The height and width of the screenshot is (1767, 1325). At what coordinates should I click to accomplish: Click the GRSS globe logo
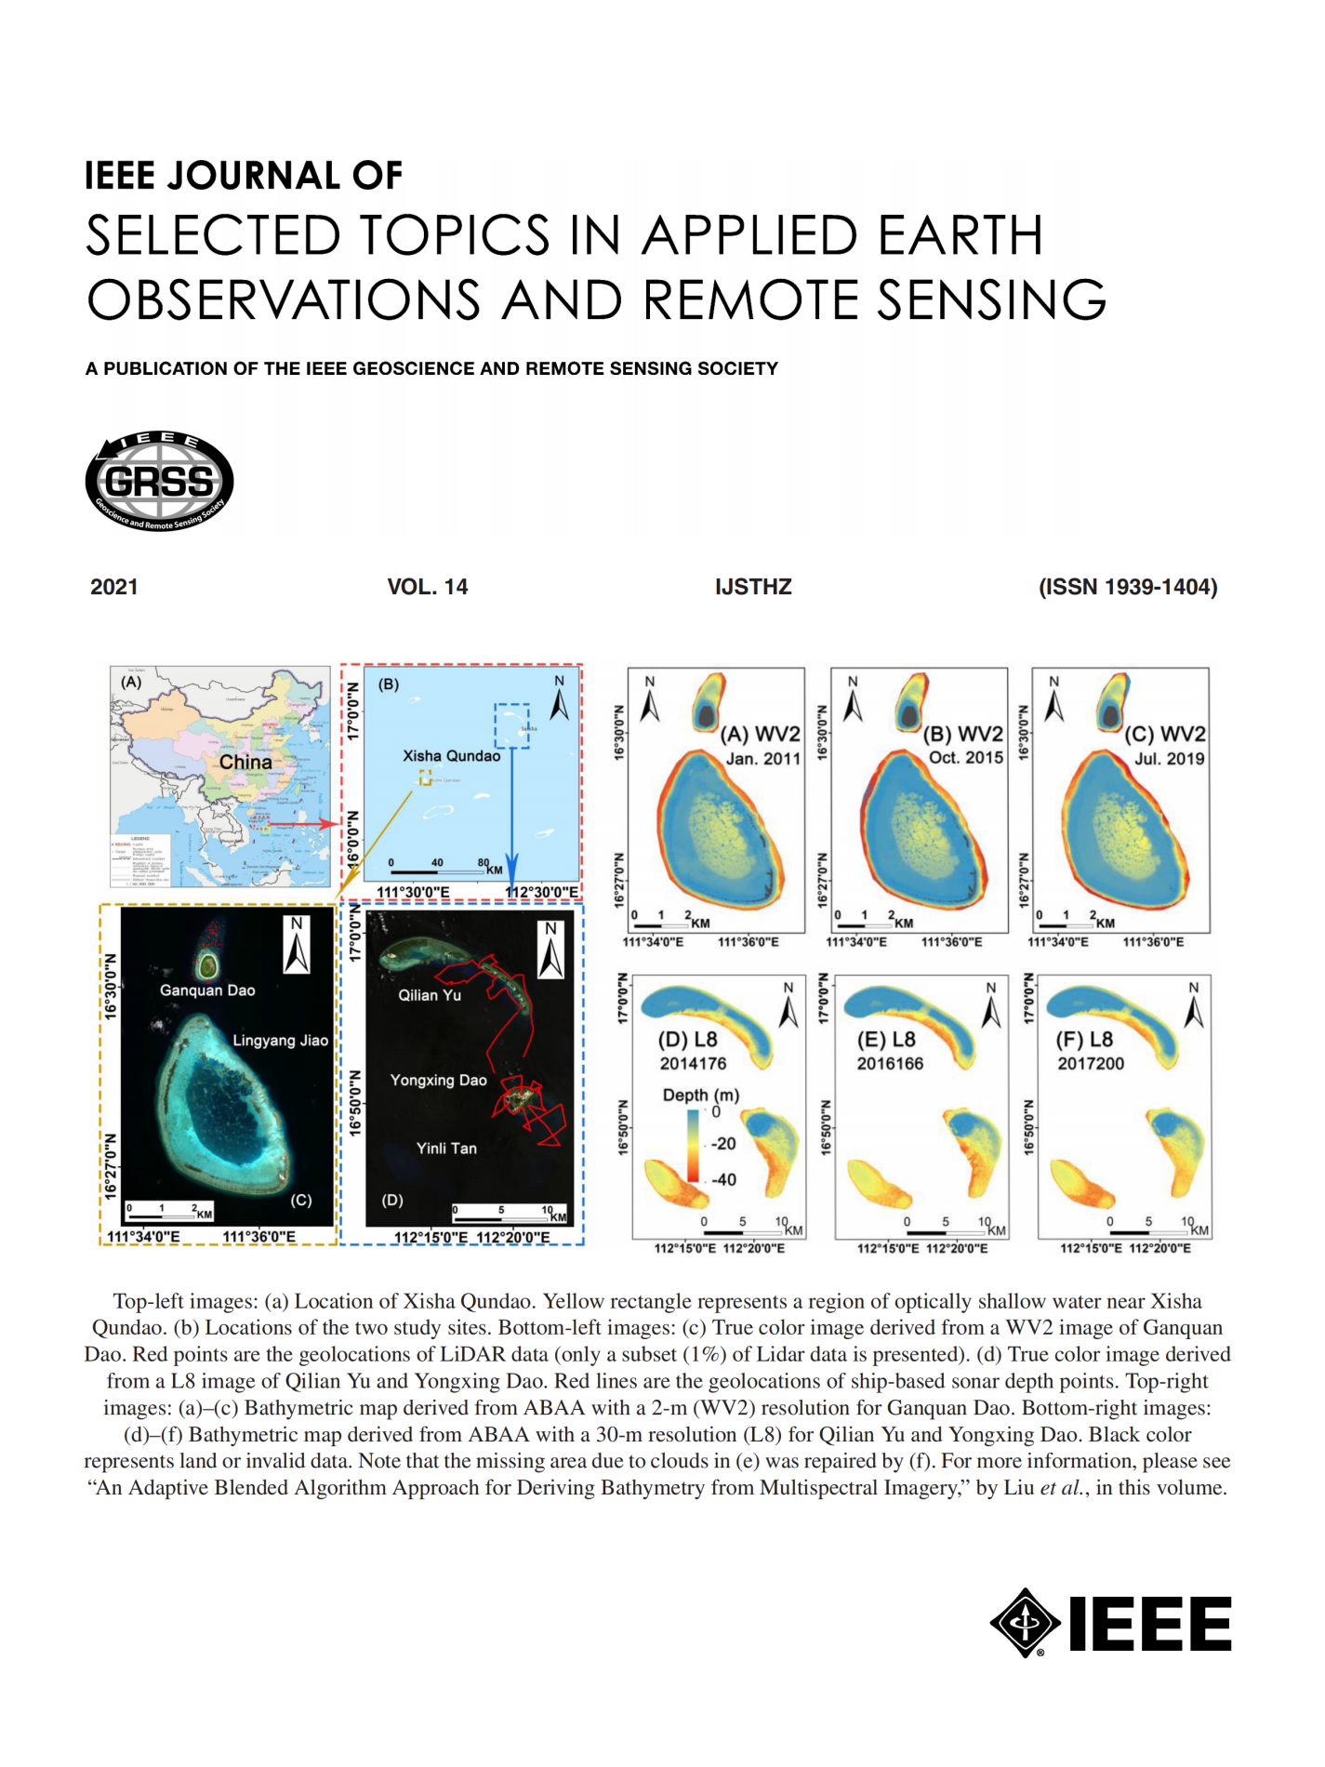pyautogui.click(x=159, y=481)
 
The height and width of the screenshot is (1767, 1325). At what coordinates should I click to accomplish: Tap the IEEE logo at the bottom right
pyautogui.click(x=1110, y=1623)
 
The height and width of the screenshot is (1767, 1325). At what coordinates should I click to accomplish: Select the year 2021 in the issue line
pyautogui.click(x=113, y=587)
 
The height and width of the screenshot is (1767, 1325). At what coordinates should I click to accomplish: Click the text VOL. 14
pyautogui.click(x=427, y=587)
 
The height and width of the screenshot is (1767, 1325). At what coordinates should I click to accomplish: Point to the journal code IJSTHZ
pyautogui.click(x=753, y=587)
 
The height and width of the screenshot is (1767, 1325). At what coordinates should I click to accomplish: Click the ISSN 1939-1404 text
pyautogui.click(x=1127, y=587)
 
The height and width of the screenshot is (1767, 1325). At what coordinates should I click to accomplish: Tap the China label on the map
pyautogui.click(x=245, y=762)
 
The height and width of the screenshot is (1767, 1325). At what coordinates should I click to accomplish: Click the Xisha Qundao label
pyautogui.click(x=451, y=755)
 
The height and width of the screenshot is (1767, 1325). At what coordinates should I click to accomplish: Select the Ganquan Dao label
pyautogui.click(x=207, y=990)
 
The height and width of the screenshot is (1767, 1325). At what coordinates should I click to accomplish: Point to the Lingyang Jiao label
pyautogui.click(x=280, y=1040)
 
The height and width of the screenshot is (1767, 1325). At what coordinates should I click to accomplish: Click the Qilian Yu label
pyautogui.click(x=430, y=994)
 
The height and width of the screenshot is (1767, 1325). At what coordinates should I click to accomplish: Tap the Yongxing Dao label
pyautogui.click(x=438, y=1080)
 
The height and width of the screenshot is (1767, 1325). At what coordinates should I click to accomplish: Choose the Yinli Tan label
pyautogui.click(x=446, y=1148)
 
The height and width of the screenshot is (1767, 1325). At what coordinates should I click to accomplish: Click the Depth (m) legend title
pyautogui.click(x=701, y=1095)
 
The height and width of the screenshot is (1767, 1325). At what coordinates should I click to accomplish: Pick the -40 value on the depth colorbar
pyautogui.click(x=723, y=1179)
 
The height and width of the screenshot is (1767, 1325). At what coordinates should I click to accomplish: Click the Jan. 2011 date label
pyautogui.click(x=762, y=758)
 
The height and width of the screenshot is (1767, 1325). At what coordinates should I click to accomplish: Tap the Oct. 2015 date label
pyautogui.click(x=966, y=757)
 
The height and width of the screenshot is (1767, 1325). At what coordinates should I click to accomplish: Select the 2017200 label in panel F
pyautogui.click(x=1090, y=1063)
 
